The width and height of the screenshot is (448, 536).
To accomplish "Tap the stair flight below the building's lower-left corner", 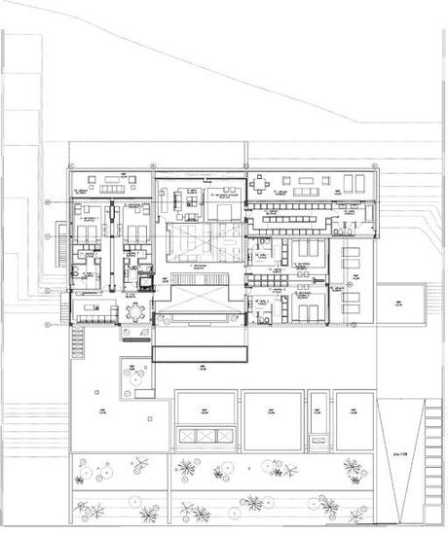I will click(x=76, y=341).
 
